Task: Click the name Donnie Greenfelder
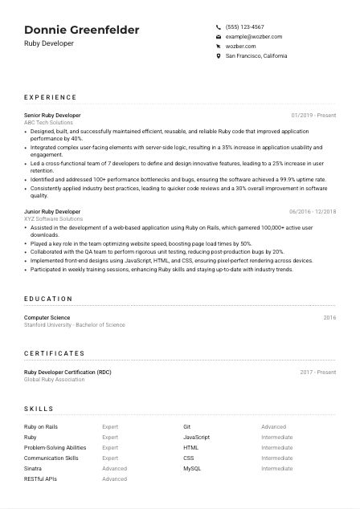click(81, 30)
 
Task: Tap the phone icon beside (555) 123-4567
click(219, 26)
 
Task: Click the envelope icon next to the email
click(219, 37)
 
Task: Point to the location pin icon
click(219, 56)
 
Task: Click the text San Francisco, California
click(256, 56)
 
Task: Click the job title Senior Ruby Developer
click(52, 115)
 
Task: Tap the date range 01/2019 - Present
click(313, 115)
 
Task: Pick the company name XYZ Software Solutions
click(53, 218)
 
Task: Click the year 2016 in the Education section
click(329, 318)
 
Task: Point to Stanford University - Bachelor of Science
click(75, 324)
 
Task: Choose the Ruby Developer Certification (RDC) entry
click(68, 373)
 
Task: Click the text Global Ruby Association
click(54, 379)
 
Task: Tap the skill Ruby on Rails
click(41, 427)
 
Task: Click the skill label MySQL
click(192, 468)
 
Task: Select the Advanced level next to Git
click(273, 427)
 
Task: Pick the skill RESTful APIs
click(40, 478)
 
